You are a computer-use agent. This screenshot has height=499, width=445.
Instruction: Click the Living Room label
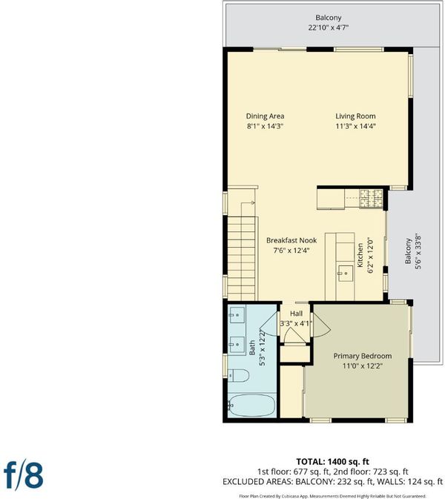click(x=355, y=116)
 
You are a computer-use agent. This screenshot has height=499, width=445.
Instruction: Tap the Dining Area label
click(x=265, y=116)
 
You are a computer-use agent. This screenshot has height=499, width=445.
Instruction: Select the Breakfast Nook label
click(x=291, y=240)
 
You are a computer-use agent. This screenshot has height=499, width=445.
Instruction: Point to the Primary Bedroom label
click(x=362, y=356)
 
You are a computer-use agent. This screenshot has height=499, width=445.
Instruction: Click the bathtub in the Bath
click(x=251, y=406)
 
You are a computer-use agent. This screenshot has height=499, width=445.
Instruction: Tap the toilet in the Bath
click(x=238, y=375)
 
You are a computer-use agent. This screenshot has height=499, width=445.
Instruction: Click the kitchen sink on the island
click(x=345, y=274)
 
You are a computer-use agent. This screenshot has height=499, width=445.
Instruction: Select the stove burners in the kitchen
click(x=371, y=199)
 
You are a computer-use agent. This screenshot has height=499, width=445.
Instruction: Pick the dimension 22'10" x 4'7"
click(x=328, y=27)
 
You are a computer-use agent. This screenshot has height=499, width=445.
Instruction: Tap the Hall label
click(x=296, y=314)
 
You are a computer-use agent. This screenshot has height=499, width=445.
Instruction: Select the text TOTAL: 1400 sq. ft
click(x=332, y=461)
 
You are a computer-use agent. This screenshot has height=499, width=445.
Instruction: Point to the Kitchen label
click(x=360, y=255)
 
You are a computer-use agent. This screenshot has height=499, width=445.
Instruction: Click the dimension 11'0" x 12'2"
click(x=362, y=366)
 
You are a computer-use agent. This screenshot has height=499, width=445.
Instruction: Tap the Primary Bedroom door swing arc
click(x=325, y=328)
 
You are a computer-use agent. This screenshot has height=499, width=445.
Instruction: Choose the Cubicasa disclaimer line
click(x=332, y=496)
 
